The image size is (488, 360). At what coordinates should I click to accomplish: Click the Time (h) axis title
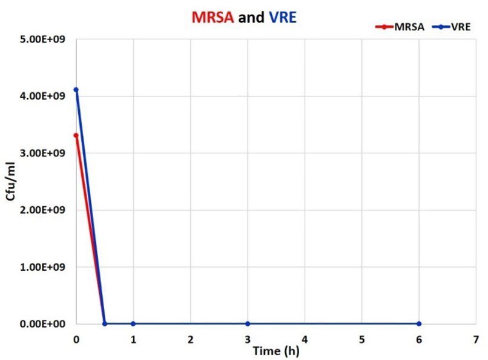276,350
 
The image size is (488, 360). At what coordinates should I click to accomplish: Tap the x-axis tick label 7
476,338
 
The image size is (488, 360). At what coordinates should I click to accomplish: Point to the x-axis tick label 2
190,338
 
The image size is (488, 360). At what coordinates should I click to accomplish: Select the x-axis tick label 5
362,338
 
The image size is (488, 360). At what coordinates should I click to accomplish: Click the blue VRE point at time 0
76,90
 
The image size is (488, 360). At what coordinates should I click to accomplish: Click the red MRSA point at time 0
76,135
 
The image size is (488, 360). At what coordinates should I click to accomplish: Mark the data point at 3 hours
248,324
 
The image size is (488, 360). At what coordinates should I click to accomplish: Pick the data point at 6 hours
419,324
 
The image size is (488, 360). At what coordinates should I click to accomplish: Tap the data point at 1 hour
133,324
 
